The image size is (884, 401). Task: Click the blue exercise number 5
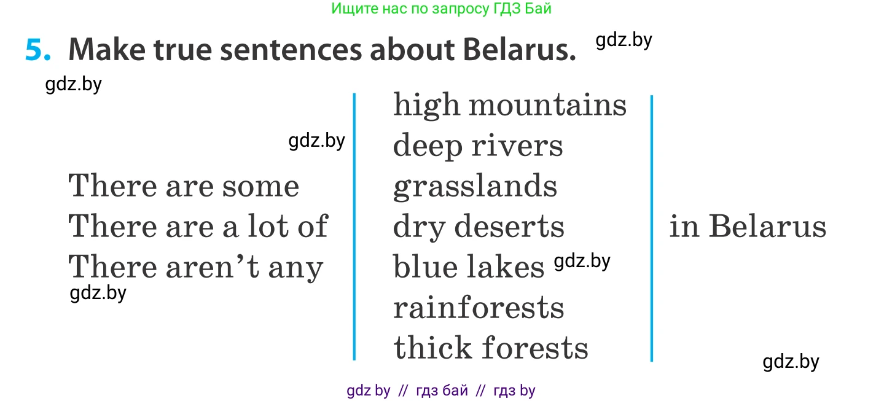[38, 50]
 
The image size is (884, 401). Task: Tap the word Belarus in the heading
[519, 50]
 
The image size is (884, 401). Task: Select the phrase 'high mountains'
[509, 105]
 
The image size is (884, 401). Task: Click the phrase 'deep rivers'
[478, 146]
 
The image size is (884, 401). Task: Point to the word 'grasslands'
[475, 186]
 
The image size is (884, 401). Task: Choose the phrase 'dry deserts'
[479, 227]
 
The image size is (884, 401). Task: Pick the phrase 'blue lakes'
[469, 267]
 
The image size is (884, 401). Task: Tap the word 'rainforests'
[479, 308]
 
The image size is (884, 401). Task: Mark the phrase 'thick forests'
[491, 348]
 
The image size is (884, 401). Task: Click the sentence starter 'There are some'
[184, 185]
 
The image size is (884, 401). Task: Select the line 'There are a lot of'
[198, 226]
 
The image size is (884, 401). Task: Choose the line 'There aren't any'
[196, 267]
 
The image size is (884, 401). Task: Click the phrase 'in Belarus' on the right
[748, 226]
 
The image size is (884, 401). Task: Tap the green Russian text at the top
[441, 8]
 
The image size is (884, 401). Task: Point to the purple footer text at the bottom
[441, 391]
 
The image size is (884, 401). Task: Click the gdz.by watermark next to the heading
[624, 41]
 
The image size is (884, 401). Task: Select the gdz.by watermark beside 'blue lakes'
[582, 261]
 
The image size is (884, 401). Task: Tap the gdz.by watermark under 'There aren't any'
[98, 294]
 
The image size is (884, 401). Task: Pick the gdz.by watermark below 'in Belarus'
[791, 362]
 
